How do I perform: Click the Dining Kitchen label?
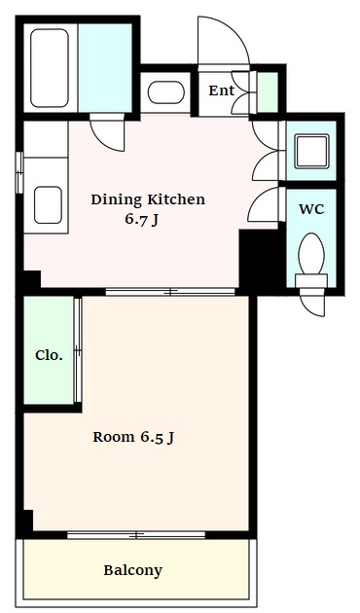pos(148,199)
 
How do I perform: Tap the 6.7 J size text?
pos(141,219)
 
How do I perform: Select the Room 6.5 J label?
pos(133,437)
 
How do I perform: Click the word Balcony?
pos(132,570)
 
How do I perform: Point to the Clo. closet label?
pos(49,355)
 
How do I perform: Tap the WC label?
pos(311,209)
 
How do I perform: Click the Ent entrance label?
pos(221,90)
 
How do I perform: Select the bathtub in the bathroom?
pos(50,68)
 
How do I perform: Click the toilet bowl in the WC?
pos(311,254)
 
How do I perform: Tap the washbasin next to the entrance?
pos(166,92)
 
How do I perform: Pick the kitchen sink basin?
pos(48,205)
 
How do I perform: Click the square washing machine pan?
pos(311,151)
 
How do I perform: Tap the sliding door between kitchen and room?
pos(170,292)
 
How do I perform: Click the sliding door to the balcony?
pos(136,535)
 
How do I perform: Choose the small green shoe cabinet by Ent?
pos(268,92)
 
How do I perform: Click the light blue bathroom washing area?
pos(105,68)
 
